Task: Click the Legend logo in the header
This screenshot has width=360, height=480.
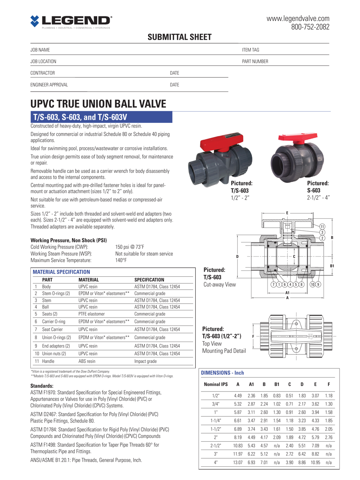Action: click(x=71, y=22)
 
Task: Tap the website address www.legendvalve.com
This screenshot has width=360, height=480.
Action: click(x=298, y=18)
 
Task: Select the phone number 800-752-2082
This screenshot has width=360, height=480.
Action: click(x=310, y=27)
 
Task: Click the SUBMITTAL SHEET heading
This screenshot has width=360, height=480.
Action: click(x=180, y=37)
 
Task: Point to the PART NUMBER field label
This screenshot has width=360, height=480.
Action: click(x=255, y=62)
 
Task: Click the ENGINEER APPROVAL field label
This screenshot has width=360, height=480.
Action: click(x=49, y=85)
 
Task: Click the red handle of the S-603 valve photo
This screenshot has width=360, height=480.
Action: click(x=298, y=138)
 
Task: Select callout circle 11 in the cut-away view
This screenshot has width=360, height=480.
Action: click(x=322, y=226)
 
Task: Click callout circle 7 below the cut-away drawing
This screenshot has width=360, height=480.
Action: click(x=273, y=284)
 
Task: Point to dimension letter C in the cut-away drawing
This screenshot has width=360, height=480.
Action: click(x=294, y=256)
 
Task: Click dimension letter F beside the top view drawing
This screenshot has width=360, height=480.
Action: click(x=253, y=336)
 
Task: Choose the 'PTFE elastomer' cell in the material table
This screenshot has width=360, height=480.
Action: click(x=92, y=314)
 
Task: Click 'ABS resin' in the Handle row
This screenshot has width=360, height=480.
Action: click(x=87, y=361)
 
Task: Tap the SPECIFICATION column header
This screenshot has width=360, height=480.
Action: click(x=149, y=280)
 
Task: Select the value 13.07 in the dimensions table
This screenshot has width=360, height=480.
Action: click(x=238, y=462)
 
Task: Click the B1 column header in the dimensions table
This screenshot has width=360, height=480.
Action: click(x=277, y=384)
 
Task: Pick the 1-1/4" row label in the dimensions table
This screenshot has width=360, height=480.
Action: click(x=216, y=420)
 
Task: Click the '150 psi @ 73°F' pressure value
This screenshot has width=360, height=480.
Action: click(x=130, y=247)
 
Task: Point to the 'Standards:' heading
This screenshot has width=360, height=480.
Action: click(x=42, y=386)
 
